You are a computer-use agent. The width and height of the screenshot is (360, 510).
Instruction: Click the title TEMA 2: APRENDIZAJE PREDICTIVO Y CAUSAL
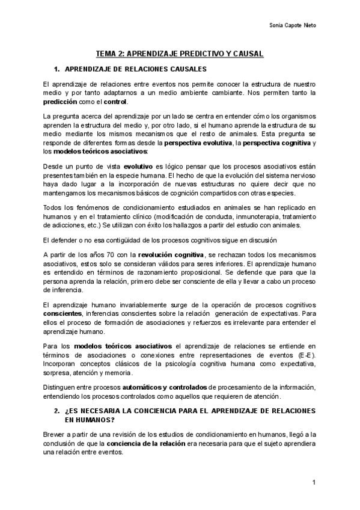point(180,54)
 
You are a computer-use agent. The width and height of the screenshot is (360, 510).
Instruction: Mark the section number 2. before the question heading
point(56,410)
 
